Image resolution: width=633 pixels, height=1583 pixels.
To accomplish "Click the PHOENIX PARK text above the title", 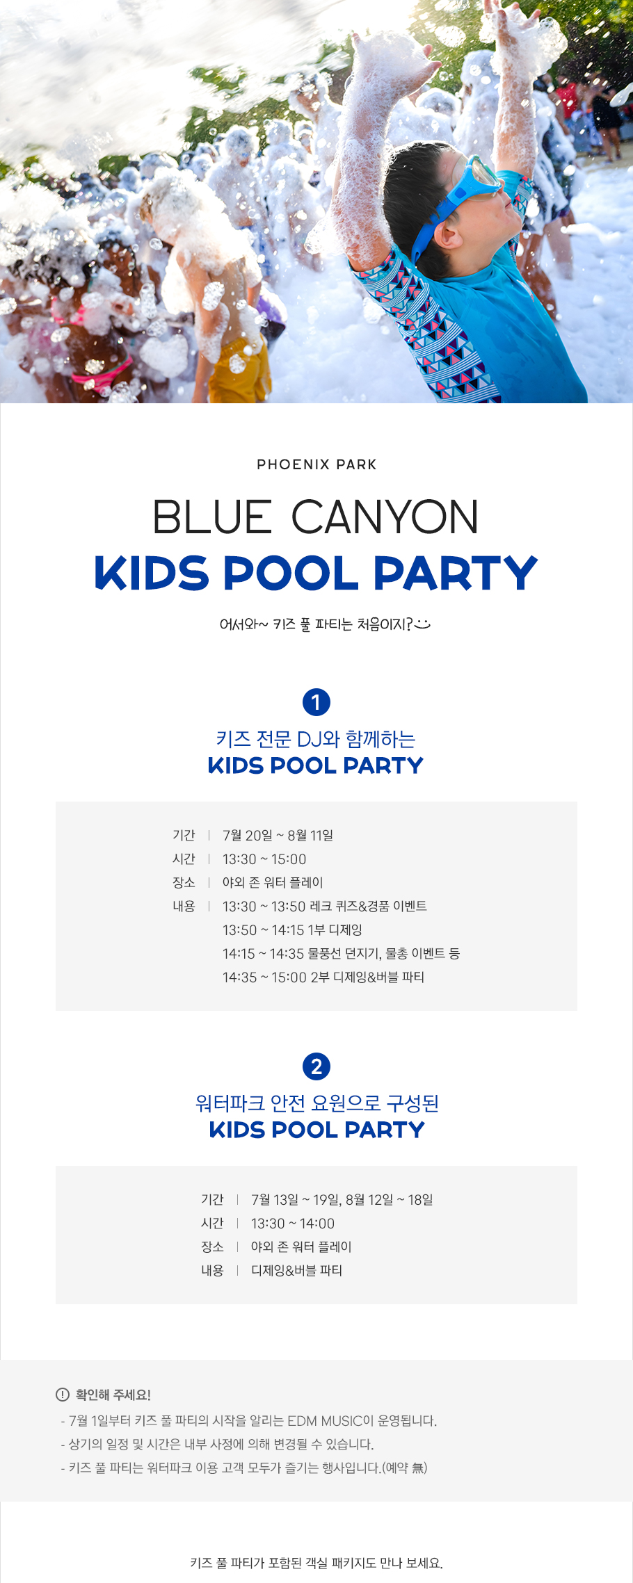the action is coord(316,464).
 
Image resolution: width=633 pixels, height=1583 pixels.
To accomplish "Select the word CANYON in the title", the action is coord(385,517).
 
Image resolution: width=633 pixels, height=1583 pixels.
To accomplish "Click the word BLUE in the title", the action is coord(212,517).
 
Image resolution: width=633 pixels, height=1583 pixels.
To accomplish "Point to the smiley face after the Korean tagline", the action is coord(422,624).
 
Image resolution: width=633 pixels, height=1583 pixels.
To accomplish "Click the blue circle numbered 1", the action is coord(316,702).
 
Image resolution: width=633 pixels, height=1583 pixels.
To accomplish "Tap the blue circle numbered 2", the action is coord(316,1066).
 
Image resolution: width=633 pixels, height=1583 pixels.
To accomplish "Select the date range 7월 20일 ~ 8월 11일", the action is coord(278,835).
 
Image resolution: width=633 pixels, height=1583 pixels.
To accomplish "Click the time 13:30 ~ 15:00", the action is coord(264,859).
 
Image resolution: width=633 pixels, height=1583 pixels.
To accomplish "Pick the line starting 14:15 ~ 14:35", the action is coord(341,953).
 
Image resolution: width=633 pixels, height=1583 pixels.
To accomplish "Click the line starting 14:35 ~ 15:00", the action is coord(323,977).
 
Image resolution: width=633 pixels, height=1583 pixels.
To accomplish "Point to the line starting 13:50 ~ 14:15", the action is coord(292,929).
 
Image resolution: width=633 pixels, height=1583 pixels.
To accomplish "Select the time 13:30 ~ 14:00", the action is coord(293,1224).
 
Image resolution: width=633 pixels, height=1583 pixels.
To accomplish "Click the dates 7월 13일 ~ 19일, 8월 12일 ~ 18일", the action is coord(342,1199).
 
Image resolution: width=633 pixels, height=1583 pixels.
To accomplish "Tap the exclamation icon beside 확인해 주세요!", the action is coord(63,1395).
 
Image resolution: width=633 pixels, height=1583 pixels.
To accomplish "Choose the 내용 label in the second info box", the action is coord(212,1270).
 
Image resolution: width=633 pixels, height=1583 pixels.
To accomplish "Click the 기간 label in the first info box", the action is coord(184,835).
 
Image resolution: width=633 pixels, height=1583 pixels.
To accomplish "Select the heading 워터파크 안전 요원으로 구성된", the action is coord(316,1103).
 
